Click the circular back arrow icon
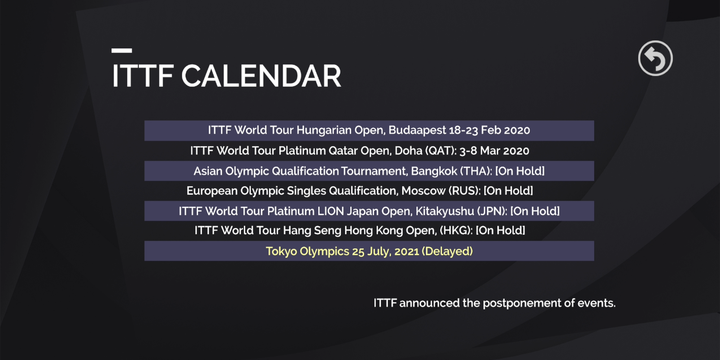point(655,58)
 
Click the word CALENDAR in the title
point(261,76)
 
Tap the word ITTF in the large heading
point(143,76)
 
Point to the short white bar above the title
point(122,51)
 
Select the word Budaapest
point(417,130)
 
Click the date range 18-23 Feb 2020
point(490,130)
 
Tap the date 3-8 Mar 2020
point(494,151)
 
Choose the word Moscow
point(423,191)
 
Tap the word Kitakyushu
point(445,211)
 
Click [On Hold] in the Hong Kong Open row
point(500,230)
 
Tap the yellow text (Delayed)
point(447,251)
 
